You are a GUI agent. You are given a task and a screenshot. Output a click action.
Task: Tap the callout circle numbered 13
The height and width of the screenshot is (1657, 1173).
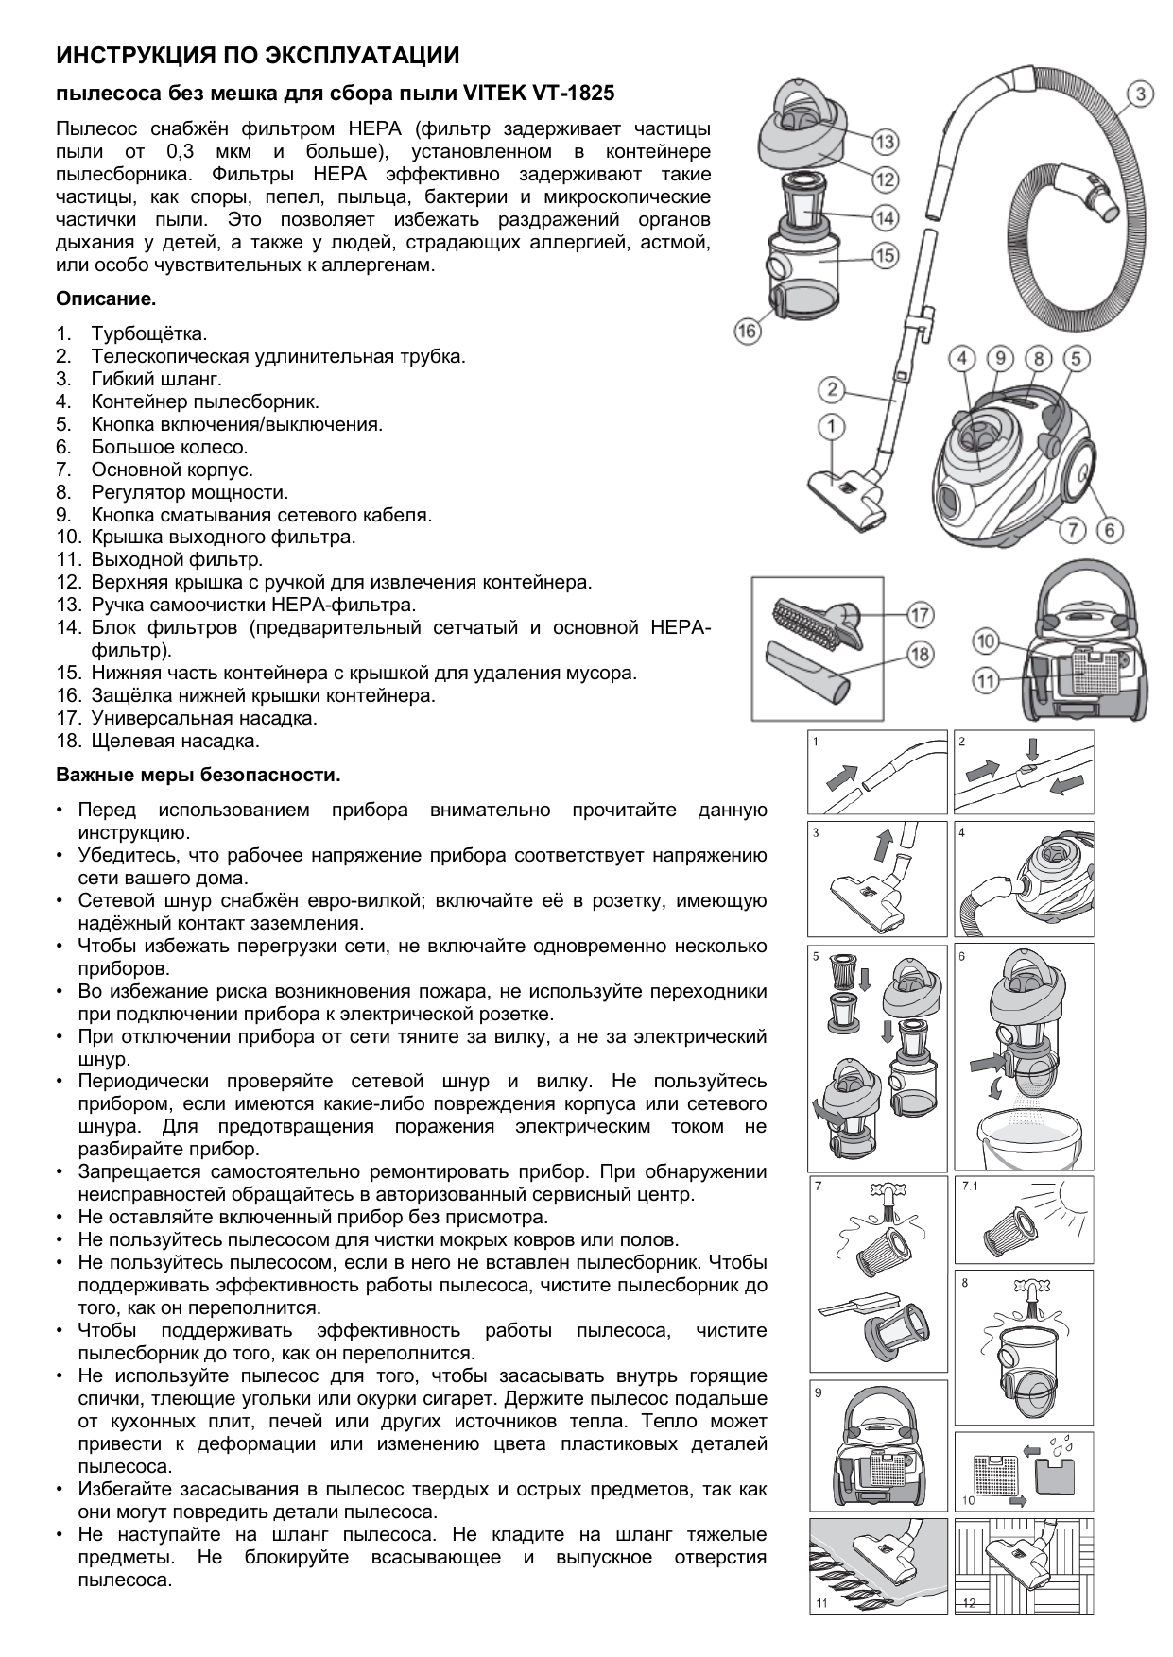[885, 143]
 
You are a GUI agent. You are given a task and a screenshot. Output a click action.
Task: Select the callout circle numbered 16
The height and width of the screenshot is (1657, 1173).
[747, 331]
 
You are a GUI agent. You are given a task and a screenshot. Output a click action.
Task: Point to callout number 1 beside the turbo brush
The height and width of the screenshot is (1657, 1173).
[832, 427]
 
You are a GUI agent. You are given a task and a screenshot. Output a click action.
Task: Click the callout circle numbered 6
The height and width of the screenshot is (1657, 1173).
[1110, 531]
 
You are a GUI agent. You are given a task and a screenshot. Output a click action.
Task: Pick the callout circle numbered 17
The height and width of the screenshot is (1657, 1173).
[919, 615]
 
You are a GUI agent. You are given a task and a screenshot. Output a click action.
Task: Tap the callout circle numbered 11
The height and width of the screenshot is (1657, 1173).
[987, 680]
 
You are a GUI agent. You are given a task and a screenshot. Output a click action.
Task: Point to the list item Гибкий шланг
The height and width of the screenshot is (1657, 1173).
[156, 379]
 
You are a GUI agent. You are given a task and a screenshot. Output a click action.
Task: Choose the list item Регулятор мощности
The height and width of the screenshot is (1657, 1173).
[189, 492]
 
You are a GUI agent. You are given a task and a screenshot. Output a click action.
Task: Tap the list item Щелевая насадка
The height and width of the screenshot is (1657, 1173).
[175, 741]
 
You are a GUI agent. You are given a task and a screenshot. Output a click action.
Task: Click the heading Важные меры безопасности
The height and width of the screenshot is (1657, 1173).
[198, 776]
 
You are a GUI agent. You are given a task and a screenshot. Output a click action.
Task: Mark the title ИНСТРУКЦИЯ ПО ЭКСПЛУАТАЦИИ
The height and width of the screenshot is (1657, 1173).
[258, 56]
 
